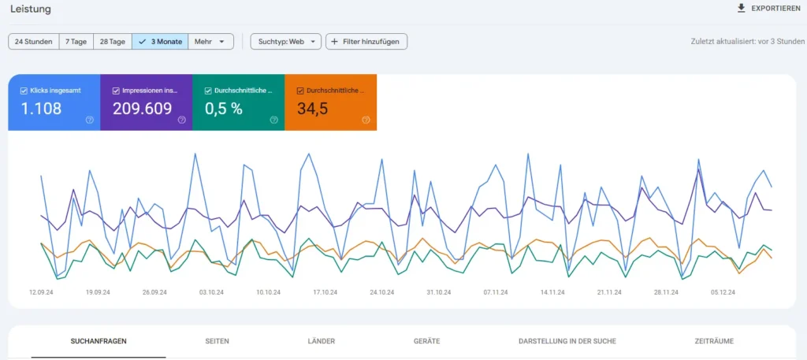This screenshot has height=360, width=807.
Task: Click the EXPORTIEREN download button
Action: click(x=770, y=9)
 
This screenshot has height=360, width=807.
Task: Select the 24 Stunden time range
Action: click(x=34, y=41)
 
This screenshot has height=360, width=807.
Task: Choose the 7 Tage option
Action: click(x=76, y=41)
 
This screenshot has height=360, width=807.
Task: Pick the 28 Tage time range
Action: click(x=112, y=41)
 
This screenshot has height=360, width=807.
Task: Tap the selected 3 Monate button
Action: click(x=160, y=41)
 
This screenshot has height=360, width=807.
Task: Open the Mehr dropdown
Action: click(x=210, y=41)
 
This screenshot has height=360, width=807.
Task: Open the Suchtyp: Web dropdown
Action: click(x=285, y=41)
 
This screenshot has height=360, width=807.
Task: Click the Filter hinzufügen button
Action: click(x=366, y=41)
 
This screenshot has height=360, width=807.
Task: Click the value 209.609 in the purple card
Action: click(x=142, y=109)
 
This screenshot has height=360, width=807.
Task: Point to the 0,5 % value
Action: click(x=224, y=109)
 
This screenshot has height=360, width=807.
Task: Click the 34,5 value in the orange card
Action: click(x=313, y=109)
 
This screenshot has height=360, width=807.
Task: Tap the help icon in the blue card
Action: click(x=89, y=120)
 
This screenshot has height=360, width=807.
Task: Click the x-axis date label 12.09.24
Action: click(x=42, y=291)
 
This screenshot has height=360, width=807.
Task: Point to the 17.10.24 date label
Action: click(x=325, y=291)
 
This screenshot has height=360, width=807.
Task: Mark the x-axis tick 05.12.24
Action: click(x=722, y=291)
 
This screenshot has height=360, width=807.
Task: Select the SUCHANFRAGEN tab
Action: click(x=99, y=341)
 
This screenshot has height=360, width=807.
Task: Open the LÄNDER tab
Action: click(x=321, y=341)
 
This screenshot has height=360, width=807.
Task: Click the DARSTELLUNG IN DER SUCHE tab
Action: click(x=567, y=341)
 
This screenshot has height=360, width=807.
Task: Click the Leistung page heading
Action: click(x=31, y=9)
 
